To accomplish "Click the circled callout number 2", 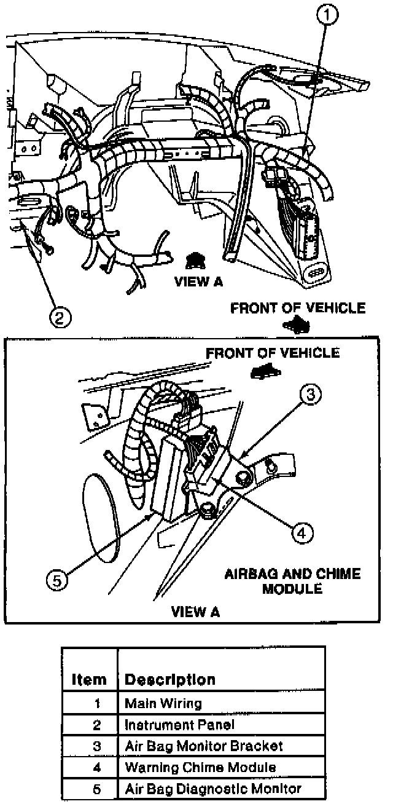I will click(x=59, y=317).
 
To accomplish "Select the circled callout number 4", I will click(x=300, y=533).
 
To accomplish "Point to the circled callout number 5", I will click(x=58, y=581).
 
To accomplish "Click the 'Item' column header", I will click(x=89, y=679).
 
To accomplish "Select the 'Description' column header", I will click(x=170, y=679).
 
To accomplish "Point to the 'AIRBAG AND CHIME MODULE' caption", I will click(x=292, y=581).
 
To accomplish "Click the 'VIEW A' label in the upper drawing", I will click(x=198, y=282).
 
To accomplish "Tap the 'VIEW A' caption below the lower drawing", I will click(x=195, y=612).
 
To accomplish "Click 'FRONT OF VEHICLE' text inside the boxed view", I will click(x=272, y=353).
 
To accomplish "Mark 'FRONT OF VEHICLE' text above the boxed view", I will click(x=298, y=308).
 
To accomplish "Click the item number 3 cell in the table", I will click(x=96, y=746).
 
